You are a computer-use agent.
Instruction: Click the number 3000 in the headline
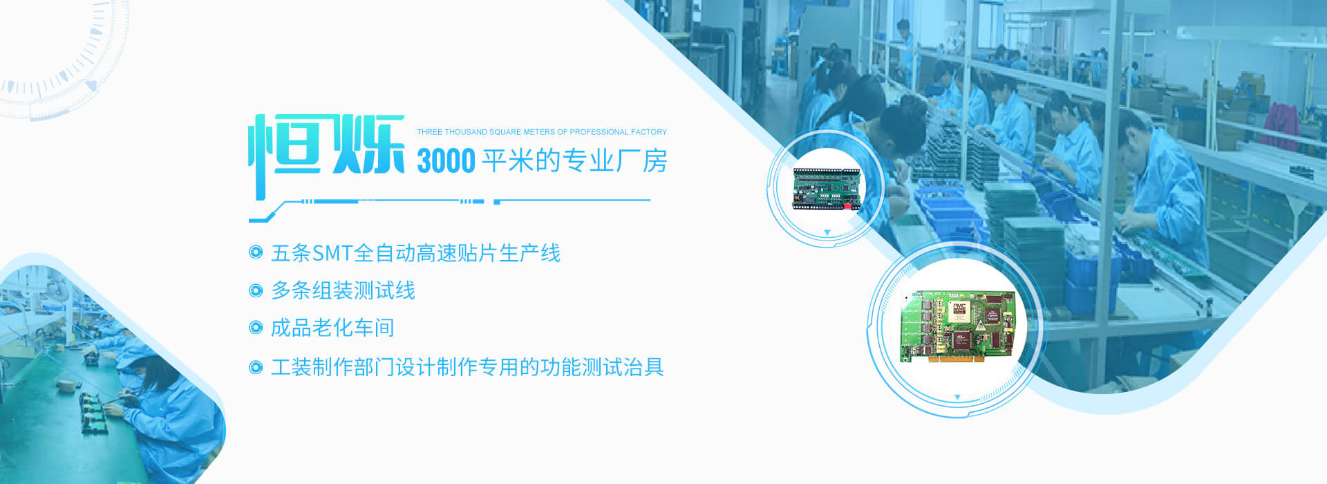pos(446,161)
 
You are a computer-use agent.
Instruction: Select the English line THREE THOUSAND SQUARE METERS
pos(542,131)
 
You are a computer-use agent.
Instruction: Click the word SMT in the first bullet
pos(332,253)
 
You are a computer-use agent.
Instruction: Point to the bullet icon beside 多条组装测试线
pos(256,290)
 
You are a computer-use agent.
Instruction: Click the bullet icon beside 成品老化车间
pos(256,328)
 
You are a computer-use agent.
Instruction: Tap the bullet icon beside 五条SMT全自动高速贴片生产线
pos(256,252)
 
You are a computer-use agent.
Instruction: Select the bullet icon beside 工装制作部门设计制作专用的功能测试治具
pos(256,367)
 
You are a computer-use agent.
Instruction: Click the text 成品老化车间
pos(332,328)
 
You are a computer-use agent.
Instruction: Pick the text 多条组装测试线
pos(343,290)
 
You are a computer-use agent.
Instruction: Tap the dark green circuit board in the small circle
pos(827,189)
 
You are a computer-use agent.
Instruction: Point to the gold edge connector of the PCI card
pos(961,359)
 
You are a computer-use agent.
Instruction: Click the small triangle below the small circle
pos(827,233)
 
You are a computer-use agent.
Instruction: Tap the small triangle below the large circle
pos(957,398)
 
